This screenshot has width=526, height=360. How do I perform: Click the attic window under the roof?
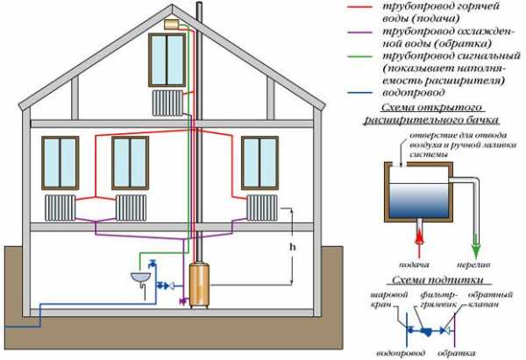(x=167, y=60)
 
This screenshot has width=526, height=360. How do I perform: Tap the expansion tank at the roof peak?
(x=173, y=25)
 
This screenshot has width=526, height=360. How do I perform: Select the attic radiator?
(x=167, y=102)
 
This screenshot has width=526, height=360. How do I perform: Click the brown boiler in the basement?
(x=200, y=285)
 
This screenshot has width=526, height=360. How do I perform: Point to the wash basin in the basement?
(x=140, y=277)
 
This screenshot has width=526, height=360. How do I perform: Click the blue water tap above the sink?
(x=152, y=263)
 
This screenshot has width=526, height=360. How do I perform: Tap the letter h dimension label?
(x=293, y=247)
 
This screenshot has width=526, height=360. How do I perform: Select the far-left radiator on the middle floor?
(x=60, y=208)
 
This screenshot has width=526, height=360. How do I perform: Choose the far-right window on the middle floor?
(x=259, y=163)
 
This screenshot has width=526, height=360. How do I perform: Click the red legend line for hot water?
(x=360, y=7)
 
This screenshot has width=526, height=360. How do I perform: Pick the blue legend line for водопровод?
(x=360, y=93)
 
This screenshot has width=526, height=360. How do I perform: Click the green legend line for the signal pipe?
(x=360, y=57)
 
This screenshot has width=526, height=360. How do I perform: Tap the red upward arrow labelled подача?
(x=419, y=238)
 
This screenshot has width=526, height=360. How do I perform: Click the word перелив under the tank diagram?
(x=473, y=265)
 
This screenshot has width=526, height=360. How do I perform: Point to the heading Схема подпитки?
(x=438, y=279)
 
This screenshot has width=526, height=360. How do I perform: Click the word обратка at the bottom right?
(x=457, y=353)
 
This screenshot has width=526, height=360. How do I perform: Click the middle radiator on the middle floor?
(x=131, y=208)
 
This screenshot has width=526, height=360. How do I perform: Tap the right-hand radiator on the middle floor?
(x=262, y=208)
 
